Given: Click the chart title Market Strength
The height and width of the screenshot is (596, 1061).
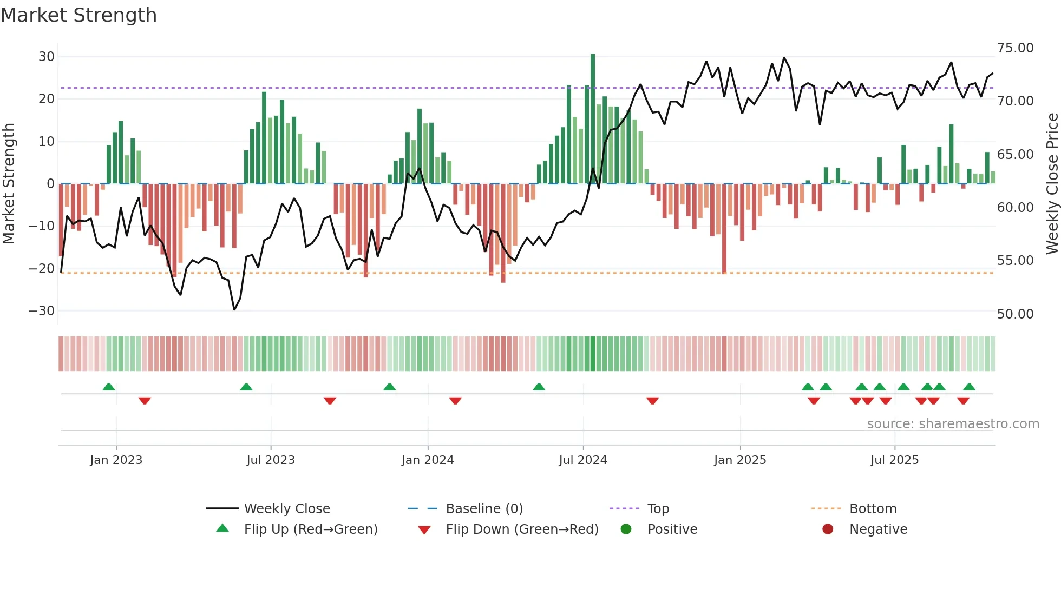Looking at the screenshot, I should coord(78,15).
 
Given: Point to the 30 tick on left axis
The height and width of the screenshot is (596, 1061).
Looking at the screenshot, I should coord(47,57).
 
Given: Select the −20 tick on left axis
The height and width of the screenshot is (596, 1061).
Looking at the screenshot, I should coord(42,268).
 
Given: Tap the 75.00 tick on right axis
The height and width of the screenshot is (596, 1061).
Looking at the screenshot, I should coord(1015,48).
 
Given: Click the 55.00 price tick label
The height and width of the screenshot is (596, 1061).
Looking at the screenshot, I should coord(1015,261).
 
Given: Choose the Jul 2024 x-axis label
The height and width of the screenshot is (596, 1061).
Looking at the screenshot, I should coord(582,460).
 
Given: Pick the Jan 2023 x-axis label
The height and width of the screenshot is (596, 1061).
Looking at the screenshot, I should coord(116,460).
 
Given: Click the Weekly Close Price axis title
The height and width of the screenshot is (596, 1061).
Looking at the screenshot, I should coord(1052,184).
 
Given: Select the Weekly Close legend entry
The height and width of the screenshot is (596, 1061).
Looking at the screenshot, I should coord(286,509).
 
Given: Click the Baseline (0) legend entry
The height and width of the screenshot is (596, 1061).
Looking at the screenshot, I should coord(484,509).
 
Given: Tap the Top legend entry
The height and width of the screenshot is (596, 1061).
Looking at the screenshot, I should coord(658,509).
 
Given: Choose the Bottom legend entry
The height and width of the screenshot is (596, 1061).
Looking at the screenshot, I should coord(873,509).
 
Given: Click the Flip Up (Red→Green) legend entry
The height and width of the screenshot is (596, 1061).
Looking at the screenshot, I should coord(310,529).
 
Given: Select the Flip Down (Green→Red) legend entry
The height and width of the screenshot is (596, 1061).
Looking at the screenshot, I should coord(521,529).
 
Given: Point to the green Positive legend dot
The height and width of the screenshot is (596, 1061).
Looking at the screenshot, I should coord(626,529).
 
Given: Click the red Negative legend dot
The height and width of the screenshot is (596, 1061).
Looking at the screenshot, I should coord(828,529).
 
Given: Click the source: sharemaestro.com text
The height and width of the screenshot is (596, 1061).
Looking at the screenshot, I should coord(953,424).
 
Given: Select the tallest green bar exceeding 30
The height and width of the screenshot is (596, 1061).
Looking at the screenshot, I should coord(593,119).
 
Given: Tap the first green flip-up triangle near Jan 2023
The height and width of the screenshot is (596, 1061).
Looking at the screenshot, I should coord(109,387).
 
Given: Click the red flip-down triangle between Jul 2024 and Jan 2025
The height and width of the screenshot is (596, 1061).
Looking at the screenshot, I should coord(652,401).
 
